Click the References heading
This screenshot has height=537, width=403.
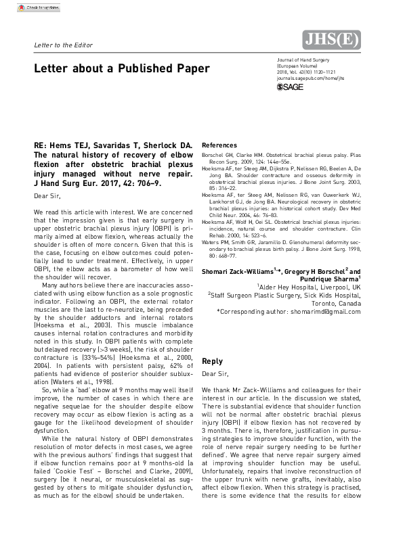coord(219,145)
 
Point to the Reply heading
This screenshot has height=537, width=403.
coord(212,361)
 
